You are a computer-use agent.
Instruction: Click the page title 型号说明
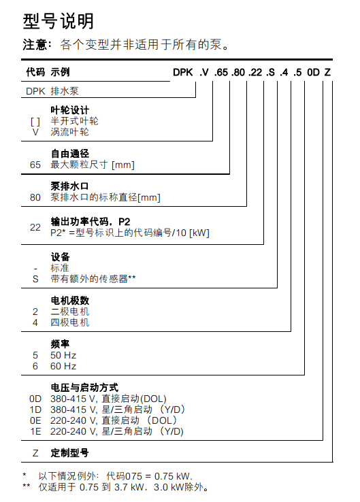[59, 22]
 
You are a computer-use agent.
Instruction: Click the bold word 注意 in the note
[35, 46]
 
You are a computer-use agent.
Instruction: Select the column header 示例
[60, 72]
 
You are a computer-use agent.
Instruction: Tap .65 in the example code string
[221, 72]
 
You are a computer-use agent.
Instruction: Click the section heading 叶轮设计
[70, 110]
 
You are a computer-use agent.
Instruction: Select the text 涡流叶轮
[70, 132]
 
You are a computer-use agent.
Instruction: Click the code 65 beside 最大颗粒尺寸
[35, 165]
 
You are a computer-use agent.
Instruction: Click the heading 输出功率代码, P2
[90, 222]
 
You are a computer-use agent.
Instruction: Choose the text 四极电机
[70, 322]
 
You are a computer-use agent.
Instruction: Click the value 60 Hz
[63, 366]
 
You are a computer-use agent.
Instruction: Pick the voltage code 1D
[36, 409]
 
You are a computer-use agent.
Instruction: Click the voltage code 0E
[36, 420]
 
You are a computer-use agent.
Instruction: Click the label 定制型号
[70, 453]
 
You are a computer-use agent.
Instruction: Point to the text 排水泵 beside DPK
[65, 90]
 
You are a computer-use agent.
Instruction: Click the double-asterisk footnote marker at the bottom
[26, 486]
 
